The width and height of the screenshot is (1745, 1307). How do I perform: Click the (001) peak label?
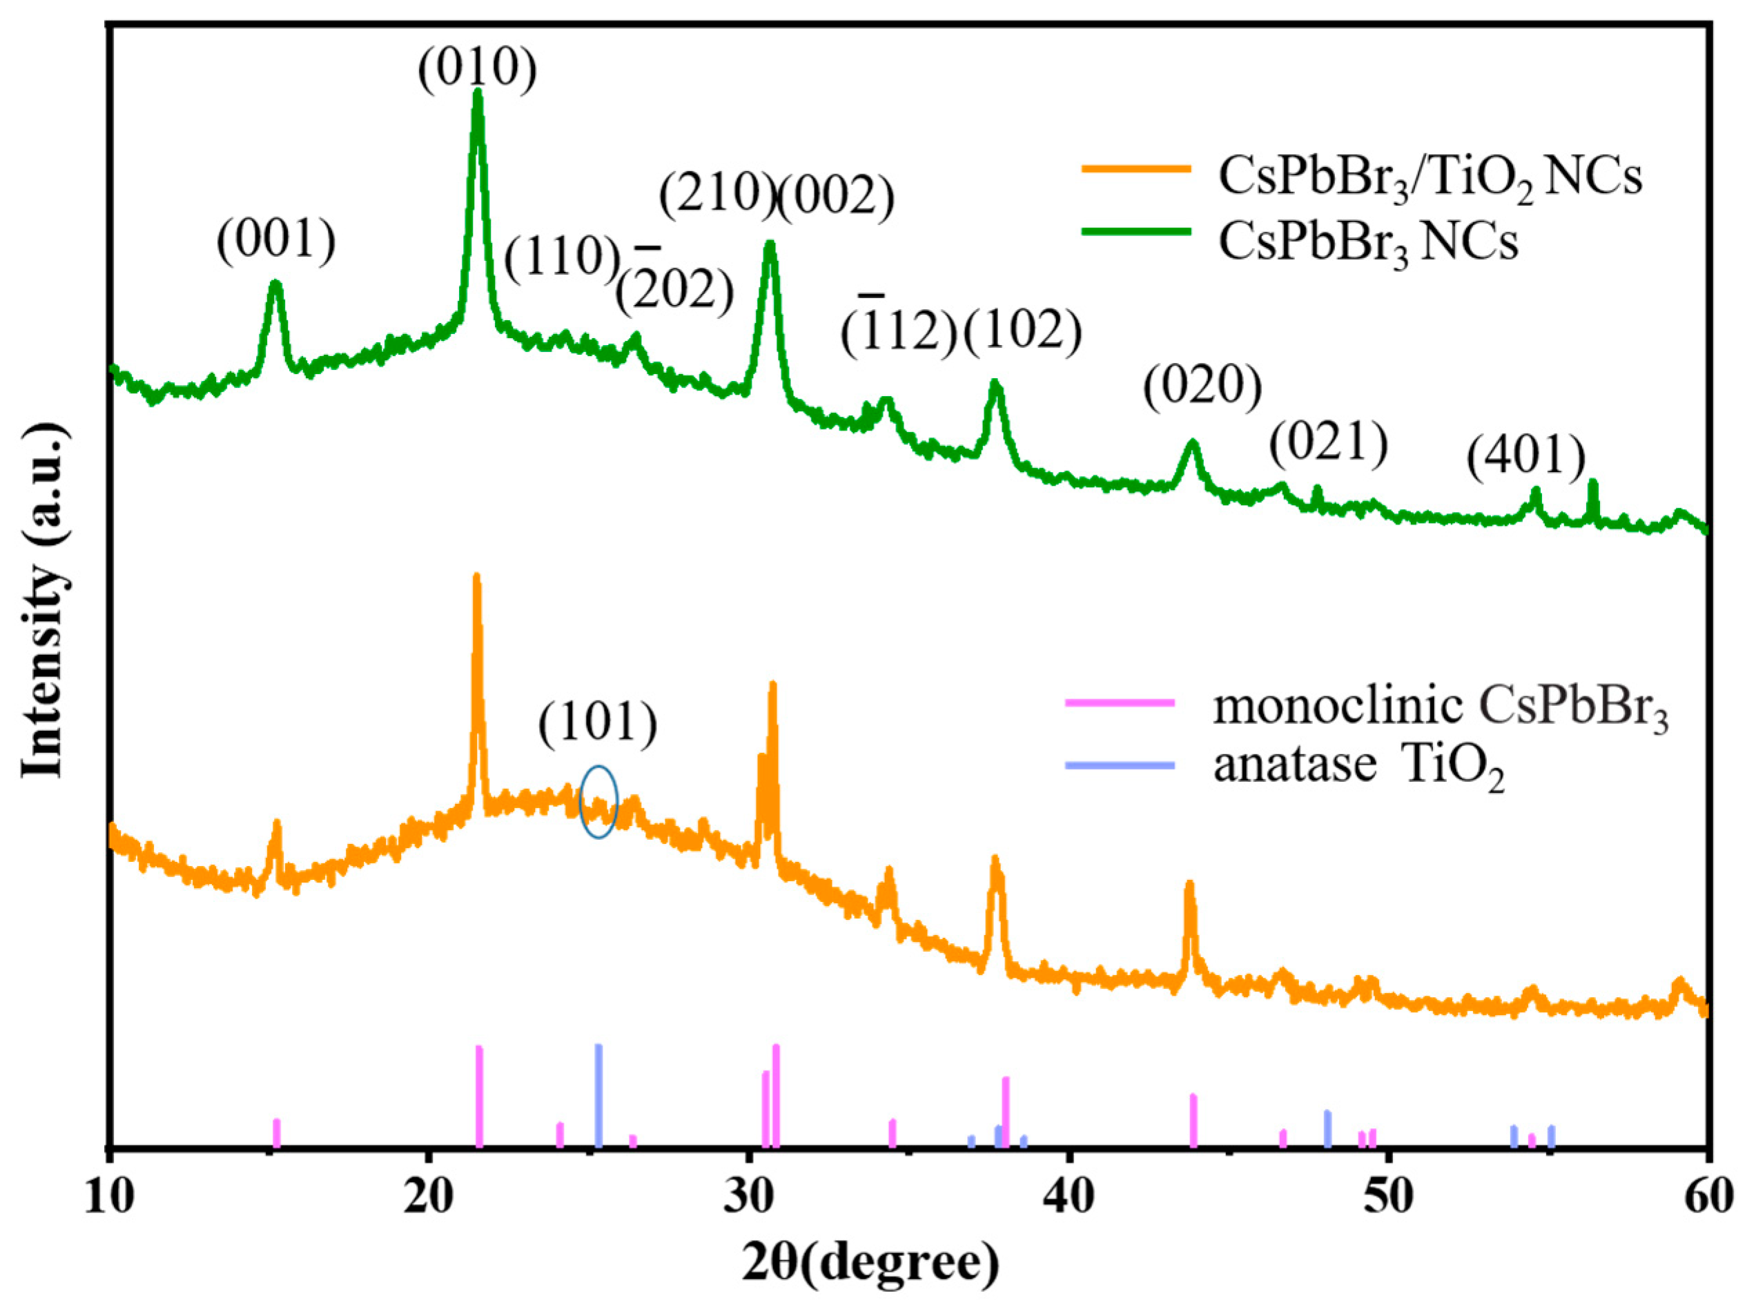[276, 241]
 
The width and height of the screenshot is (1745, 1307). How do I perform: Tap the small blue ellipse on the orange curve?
[598, 801]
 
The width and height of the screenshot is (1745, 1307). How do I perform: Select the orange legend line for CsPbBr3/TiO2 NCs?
[1136, 168]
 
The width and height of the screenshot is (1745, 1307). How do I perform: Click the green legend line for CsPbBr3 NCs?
[1136, 231]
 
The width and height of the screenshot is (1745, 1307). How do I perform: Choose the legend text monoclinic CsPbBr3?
[1441, 707]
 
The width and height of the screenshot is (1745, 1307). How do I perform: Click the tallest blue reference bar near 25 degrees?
[598, 1096]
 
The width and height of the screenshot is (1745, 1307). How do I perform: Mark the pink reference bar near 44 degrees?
[1193, 1120]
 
